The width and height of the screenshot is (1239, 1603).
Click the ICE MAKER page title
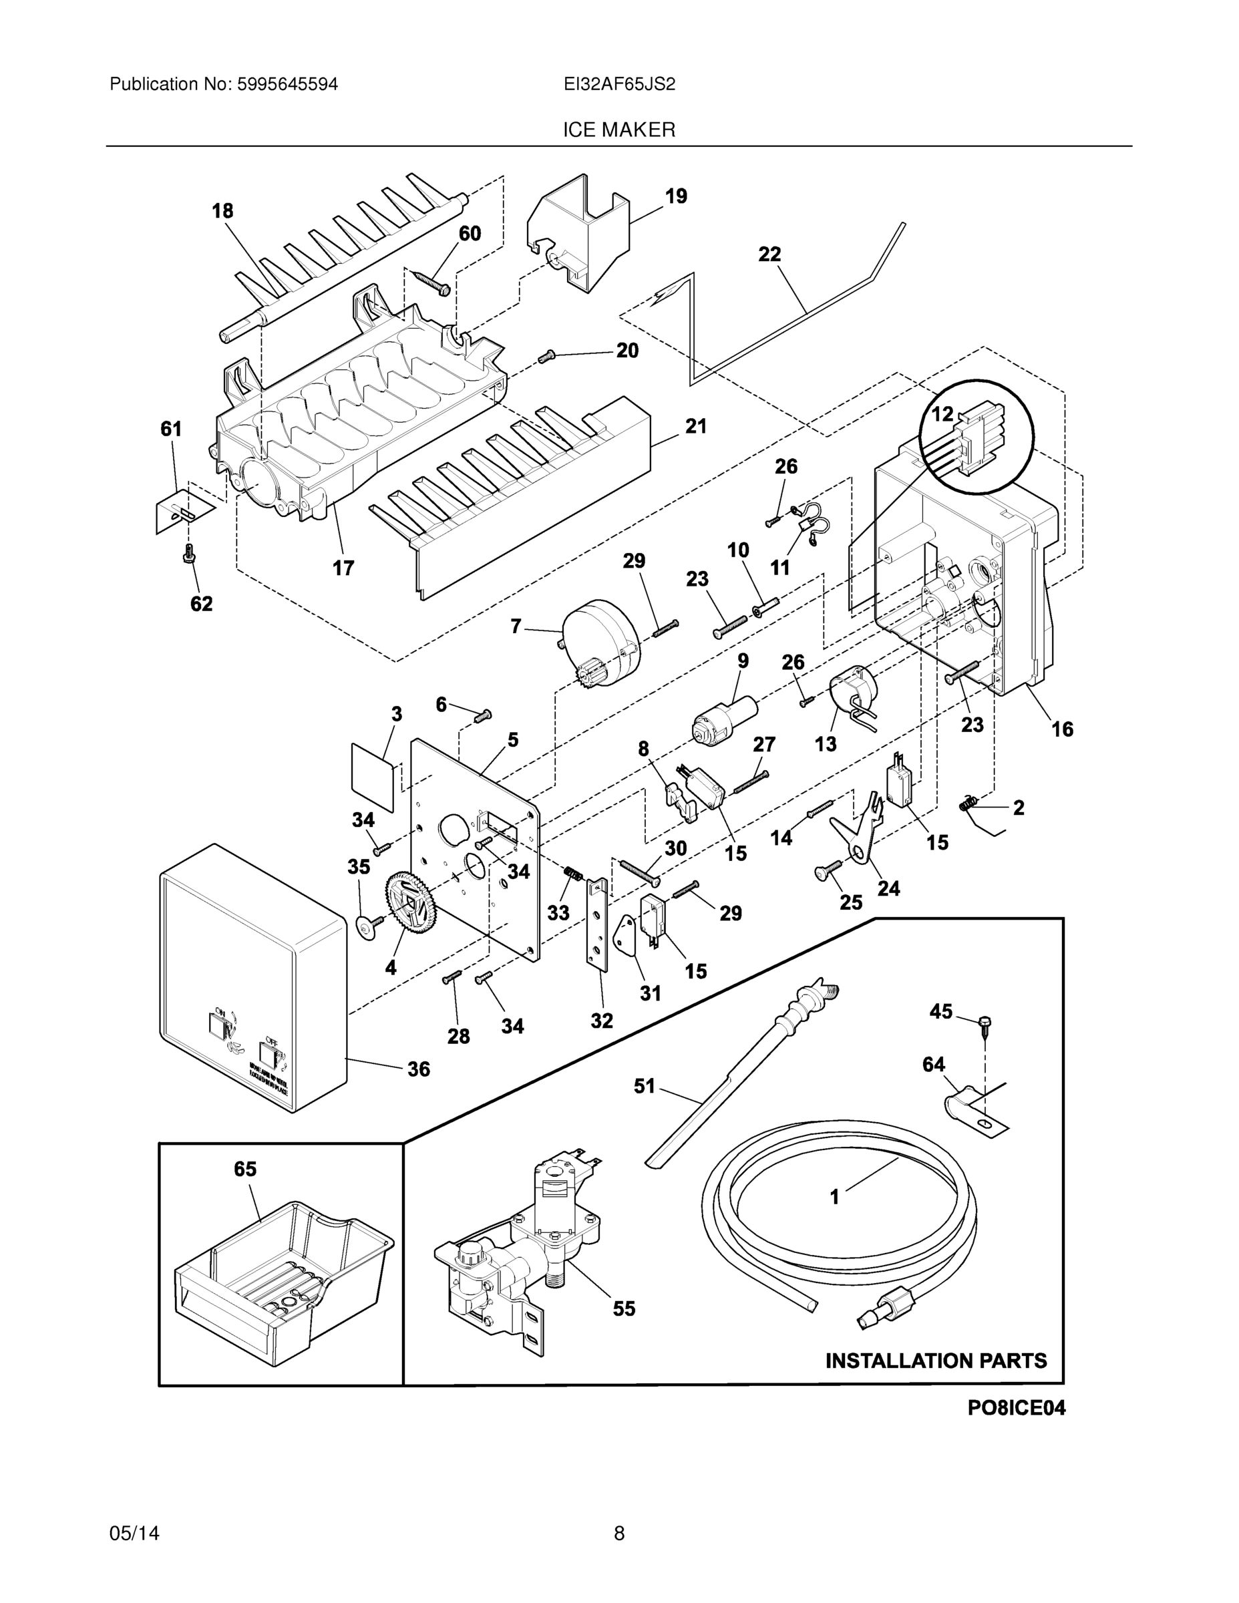point(618,131)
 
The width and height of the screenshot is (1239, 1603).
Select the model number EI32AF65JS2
point(618,84)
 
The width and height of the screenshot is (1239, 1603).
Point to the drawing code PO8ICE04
point(1016,1427)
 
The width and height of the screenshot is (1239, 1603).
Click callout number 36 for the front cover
point(418,1069)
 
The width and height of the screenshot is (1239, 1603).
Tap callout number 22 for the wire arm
point(769,254)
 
